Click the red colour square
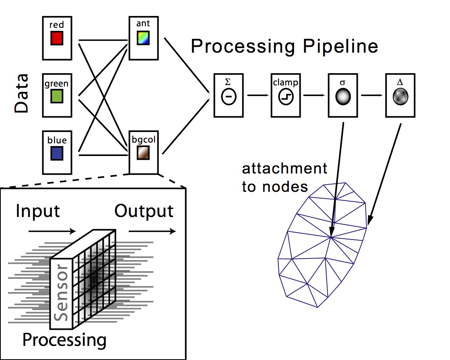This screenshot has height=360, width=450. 56,38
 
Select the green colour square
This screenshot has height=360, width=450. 56,96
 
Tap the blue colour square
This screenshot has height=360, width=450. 56,153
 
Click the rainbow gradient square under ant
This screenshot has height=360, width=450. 144,38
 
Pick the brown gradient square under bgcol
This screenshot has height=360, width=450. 144,153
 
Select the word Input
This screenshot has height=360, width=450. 38,211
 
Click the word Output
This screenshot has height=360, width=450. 144,211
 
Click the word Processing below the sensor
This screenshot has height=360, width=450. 64,339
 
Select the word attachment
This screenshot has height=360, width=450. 284,168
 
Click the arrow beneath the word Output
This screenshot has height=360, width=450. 152,231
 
